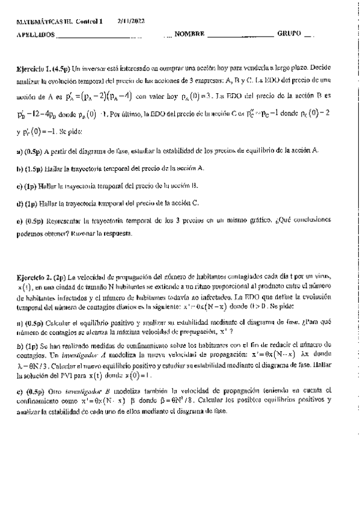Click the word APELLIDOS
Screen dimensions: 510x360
click(35, 35)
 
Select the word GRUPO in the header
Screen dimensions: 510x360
click(289, 34)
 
